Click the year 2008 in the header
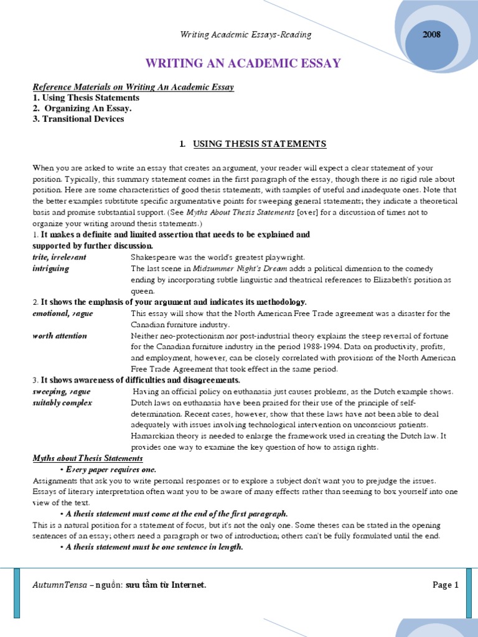431,35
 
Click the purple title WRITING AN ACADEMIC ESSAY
243,63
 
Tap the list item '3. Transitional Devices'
78,119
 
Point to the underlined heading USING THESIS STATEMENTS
260,144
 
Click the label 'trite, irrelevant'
60,257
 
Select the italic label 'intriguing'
51,268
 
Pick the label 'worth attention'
60,335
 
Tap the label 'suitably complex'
62,402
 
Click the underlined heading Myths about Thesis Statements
79,458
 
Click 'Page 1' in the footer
445,585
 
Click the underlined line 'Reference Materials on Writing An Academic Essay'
133,87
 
